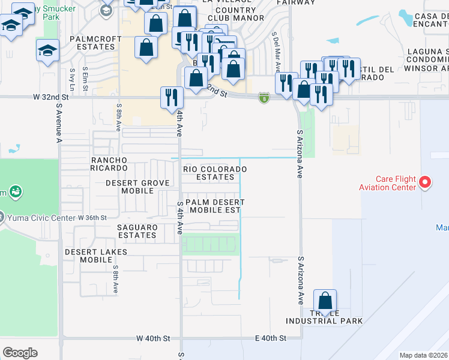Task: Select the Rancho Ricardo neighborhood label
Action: pyautogui.click(x=109, y=164)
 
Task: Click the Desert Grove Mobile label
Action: pyautogui.click(x=130, y=187)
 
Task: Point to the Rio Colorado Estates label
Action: pyautogui.click(x=215, y=173)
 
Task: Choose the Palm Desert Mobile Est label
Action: pyautogui.click(x=213, y=206)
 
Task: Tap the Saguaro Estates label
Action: pyautogui.click(x=137, y=231)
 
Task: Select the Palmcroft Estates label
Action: pyautogui.click(x=96, y=43)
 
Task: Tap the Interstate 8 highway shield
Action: pyautogui.click(x=264, y=97)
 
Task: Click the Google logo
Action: pyautogui.click(x=20, y=353)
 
